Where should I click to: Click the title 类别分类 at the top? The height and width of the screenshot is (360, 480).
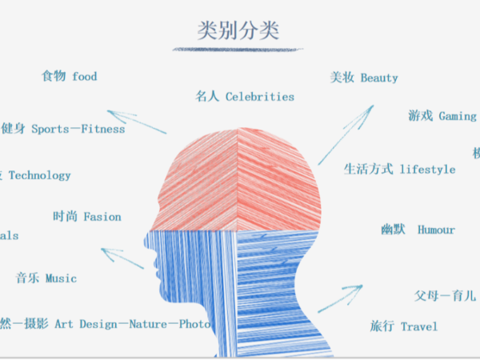coord(238,31)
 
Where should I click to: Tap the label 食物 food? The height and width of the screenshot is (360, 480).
coord(70,77)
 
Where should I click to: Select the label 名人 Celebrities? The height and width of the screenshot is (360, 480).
coord(245,97)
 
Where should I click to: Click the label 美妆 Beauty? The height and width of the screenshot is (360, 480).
coord(364,78)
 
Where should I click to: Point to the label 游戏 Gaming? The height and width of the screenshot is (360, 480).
coord(442,116)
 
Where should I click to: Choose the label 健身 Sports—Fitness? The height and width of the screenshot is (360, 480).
coord(63,129)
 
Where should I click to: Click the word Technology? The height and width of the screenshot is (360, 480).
coord(39,175)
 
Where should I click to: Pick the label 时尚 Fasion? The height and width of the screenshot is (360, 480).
coord(87,217)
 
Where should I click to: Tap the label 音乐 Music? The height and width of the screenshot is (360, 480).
coord(46,278)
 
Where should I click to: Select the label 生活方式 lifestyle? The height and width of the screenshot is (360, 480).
coord(399,170)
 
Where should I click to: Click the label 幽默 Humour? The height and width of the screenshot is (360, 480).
coord(418,230)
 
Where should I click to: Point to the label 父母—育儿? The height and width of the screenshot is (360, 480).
coord(445,296)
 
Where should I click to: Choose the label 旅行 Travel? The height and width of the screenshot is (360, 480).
coord(404,326)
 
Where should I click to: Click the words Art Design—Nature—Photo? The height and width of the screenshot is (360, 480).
coord(132,324)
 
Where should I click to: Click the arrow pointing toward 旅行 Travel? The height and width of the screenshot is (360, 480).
coord(340,298)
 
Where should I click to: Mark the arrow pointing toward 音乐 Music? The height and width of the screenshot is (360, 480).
coord(122,258)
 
